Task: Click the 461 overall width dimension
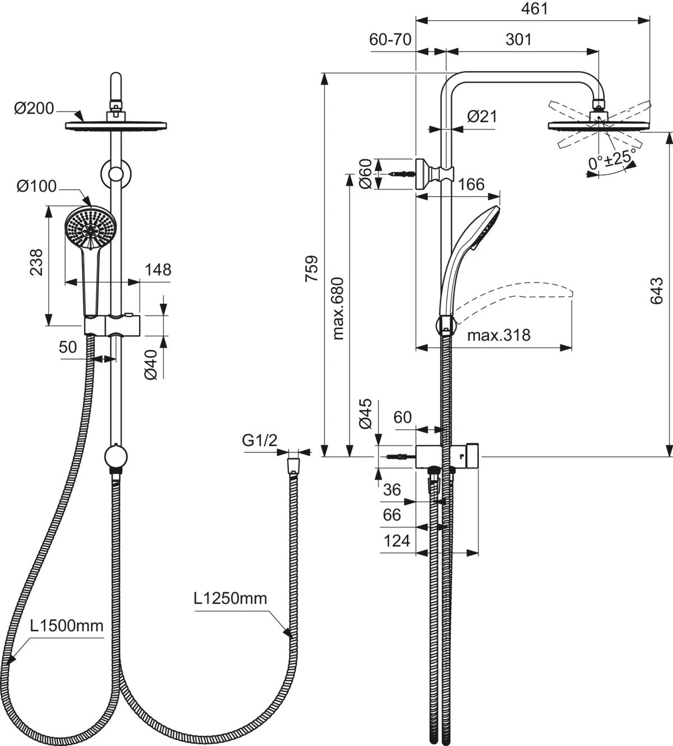pyautogui.click(x=534, y=8)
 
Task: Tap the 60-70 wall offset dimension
pyautogui.click(x=390, y=39)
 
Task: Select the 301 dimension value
pyautogui.click(x=519, y=39)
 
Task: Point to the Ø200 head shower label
pyautogui.click(x=34, y=108)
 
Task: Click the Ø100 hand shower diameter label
pyautogui.click(x=36, y=186)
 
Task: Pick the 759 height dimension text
pyautogui.click(x=312, y=268)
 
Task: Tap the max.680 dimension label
pyautogui.click(x=338, y=308)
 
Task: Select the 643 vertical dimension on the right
pyautogui.click(x=657, y=291)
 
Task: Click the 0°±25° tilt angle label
pyautogui.click(x=612, y=160)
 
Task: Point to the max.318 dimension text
pyautogui.click(x=499, y=335)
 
